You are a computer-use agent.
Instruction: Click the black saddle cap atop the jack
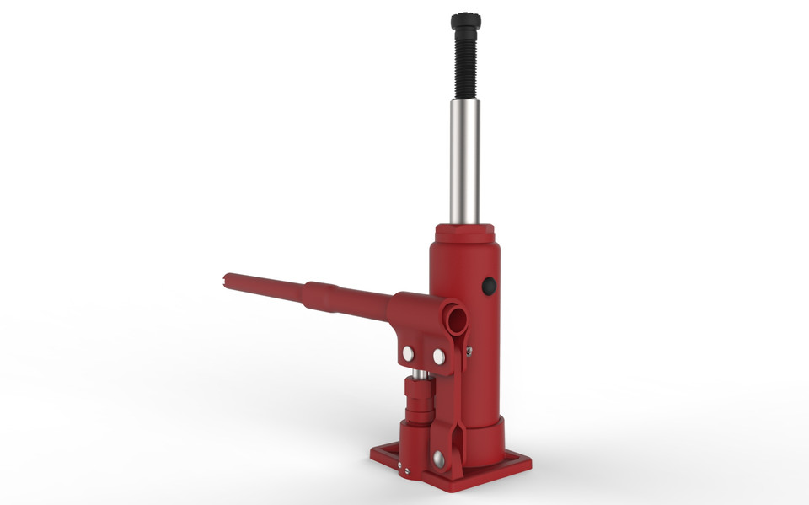(463, 20)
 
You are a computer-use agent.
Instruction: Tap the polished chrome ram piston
(464, 160)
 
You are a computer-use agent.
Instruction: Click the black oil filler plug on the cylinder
(488, 287)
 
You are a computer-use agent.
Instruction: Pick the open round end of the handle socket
(456, 318)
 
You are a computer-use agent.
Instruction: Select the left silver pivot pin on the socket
(408, 352)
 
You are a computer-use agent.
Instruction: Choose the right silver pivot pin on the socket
(438, 357)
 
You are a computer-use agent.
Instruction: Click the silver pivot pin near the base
(438, 459)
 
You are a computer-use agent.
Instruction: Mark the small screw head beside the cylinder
(469, 347)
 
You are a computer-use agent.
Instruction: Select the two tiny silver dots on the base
(403, 470)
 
